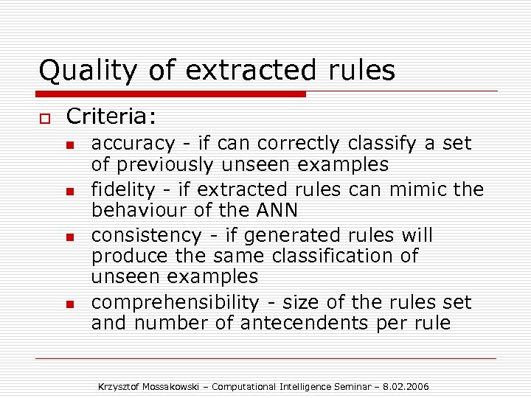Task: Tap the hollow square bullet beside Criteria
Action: click(45, 118)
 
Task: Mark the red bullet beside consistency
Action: click(71, 237)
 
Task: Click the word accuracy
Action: click(133, 144)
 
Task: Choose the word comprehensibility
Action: click(175, 302)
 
